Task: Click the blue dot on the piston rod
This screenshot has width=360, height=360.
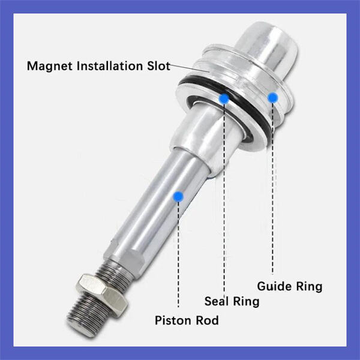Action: point(178,196)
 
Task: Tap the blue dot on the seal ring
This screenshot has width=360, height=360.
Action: point(224,98)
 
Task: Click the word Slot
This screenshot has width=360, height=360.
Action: point(158,65)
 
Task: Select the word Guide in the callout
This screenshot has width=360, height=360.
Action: point(274,286)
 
